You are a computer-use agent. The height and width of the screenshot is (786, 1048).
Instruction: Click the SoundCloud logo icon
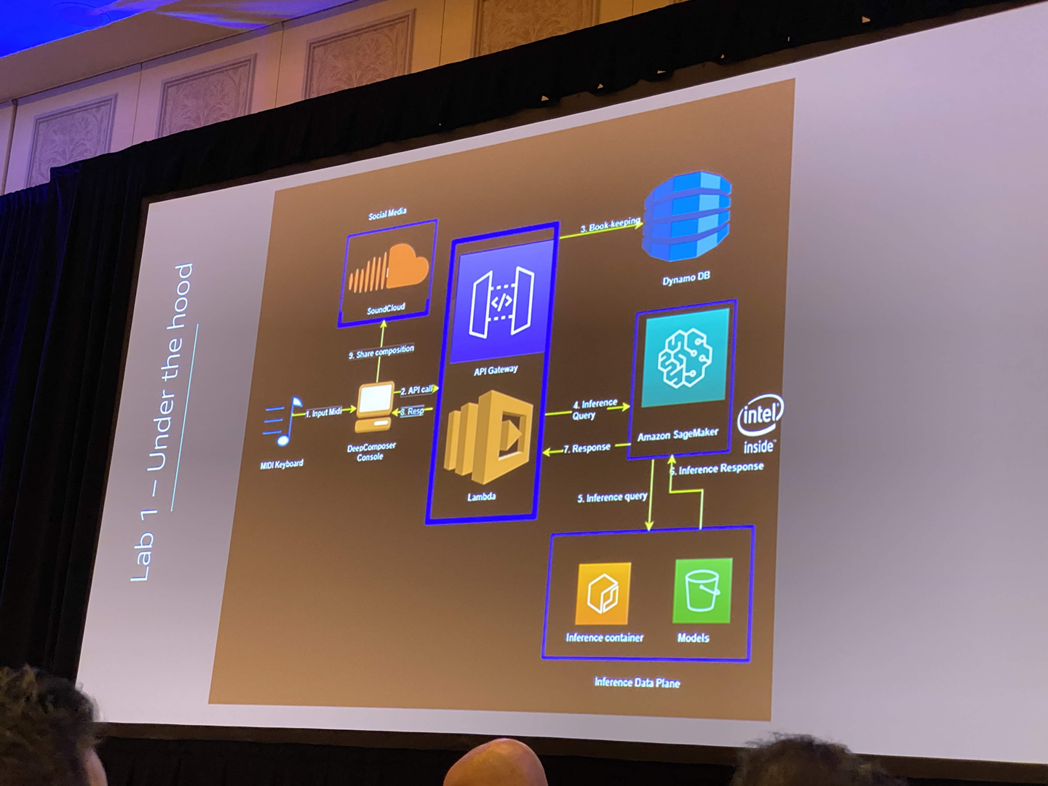[389, 269]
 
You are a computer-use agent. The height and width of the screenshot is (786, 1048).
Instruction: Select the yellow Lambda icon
[490, 437]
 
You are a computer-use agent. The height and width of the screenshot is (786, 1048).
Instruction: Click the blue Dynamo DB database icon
[687, 216]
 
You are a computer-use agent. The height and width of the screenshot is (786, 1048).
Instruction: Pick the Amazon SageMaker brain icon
[683, 357]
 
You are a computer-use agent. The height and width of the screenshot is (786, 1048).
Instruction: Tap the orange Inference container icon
[603, 593]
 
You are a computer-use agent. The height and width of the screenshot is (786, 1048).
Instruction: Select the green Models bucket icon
[702, 590]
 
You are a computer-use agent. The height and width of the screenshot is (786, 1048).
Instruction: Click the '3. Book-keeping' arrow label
[610, 226]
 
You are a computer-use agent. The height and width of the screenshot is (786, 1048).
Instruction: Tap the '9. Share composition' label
[381, 352]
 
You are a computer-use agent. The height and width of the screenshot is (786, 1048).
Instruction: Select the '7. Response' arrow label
[587, 448]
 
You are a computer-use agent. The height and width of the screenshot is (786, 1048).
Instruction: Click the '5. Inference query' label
[612, 497]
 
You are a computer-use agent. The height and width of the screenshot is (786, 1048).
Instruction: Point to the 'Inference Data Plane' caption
[637, 683]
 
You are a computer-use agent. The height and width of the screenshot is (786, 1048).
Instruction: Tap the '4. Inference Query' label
[594, 409]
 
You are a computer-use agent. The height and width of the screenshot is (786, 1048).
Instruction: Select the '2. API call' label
[417, 390]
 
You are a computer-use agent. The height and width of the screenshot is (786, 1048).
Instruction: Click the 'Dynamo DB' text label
[686, 278]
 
